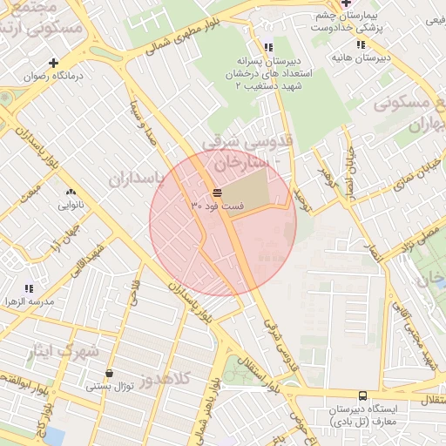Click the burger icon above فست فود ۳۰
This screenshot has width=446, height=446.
[x=216, y=193]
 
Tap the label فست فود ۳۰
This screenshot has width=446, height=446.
[x=218, y=206]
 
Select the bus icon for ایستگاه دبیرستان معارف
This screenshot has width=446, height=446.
[x=362, y=395]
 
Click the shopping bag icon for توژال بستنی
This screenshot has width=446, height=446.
[x=108, y=373]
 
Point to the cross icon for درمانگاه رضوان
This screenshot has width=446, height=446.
[x=54, y=63]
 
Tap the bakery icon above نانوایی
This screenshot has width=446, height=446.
[x=71, y=193]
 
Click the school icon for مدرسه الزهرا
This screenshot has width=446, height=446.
[x=29, y=287]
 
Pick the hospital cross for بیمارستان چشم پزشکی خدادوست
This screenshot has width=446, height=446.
[x=346, y=3]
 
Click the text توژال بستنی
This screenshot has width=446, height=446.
[x=110, y=387]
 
